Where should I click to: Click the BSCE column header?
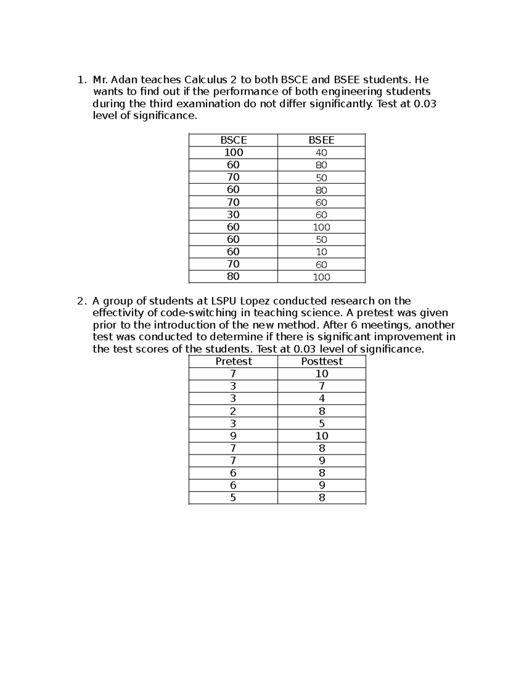[233, 140]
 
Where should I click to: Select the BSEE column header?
[321, 140]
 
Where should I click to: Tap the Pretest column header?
[233, 361]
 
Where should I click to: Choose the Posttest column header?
[322, 361]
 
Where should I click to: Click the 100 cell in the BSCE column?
[233, 152]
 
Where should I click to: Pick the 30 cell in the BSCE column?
[233, 214]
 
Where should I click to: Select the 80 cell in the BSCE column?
[233, 276]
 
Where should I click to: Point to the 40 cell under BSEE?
[321, 153]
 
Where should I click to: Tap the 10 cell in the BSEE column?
[321, 252]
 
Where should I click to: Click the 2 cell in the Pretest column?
[233, 411]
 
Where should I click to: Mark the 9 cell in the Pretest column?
[233, 436]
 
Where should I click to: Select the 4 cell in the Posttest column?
[322, 399]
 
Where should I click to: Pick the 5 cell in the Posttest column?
[322, 423]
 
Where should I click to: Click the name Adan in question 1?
[124, 80]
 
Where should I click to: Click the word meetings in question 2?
[386, 325]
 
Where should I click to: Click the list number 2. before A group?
[81, 301]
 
